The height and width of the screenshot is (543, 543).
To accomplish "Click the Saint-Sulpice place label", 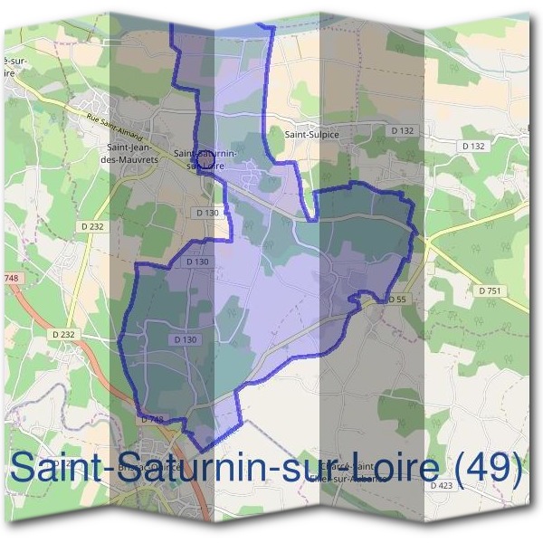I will pyautogui.click(x=312, y=135).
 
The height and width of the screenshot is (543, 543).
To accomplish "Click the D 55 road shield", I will pyautogui.click(x=396, y=299).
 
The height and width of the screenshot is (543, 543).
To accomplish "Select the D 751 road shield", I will pyautogui.click(x=489, y=290).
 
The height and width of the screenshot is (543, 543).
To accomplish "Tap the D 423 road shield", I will pyautogui.click(x=442, y=486).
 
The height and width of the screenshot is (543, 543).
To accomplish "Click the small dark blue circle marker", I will pyautogui.click(x=205, y=157).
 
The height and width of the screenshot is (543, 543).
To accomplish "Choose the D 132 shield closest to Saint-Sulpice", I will pyautogui.click(x=403, y=131).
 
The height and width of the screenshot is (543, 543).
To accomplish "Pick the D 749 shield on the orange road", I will pyautogui.click(x=151, y=420).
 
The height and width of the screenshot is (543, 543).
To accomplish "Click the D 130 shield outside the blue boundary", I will pyautogui.click(x=207, y=213).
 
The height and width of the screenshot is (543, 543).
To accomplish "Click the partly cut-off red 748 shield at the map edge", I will pyautogui.click(x=10, y=278).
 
